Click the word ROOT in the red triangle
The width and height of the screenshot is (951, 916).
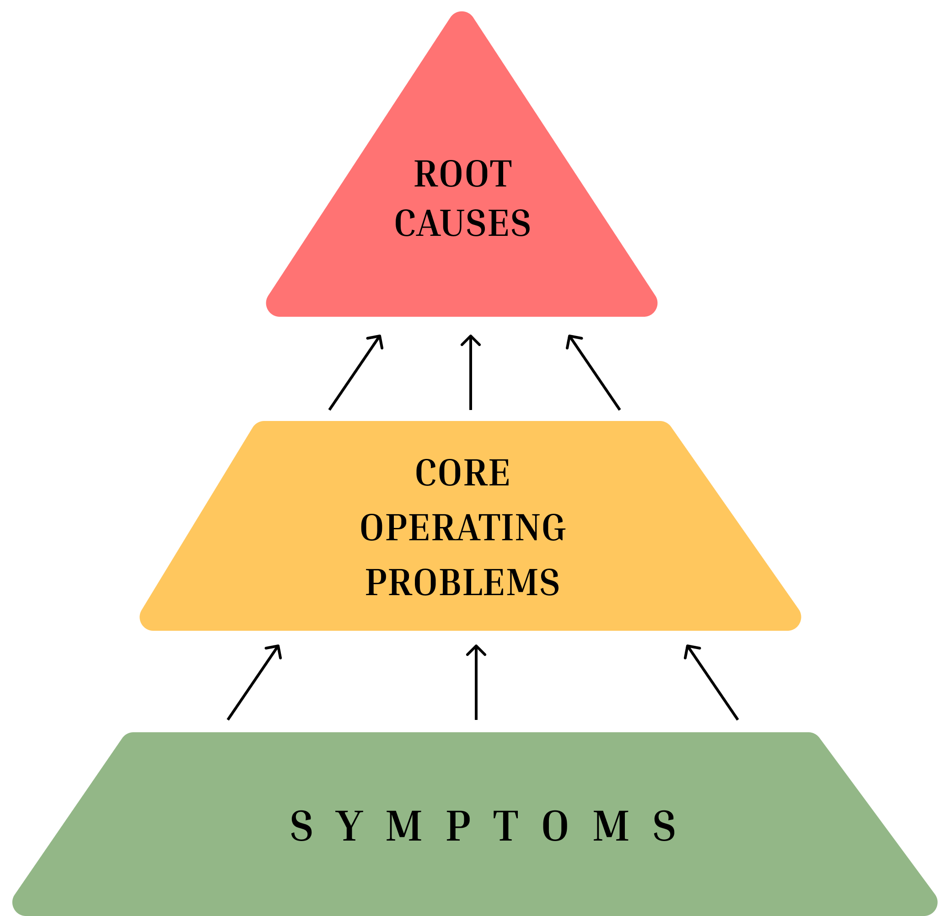coord(463,174)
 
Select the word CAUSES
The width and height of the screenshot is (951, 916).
coord(462,223)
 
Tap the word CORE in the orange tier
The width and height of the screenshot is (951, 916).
coord(462,473)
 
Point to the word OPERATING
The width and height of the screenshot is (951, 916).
coord(462,527)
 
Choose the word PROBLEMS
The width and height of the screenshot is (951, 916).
coord(462,582)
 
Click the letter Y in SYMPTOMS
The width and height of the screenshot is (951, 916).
coord(350,826)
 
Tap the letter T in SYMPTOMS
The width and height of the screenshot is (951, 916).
coord(505,826)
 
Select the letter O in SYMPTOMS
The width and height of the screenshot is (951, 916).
coord(555,826)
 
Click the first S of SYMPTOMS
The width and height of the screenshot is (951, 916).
coord(301,826)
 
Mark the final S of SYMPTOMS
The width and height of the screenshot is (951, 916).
coord(664,826)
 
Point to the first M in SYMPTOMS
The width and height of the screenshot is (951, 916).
coord(404,826)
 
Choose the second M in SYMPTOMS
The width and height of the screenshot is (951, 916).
coord(611,826)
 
